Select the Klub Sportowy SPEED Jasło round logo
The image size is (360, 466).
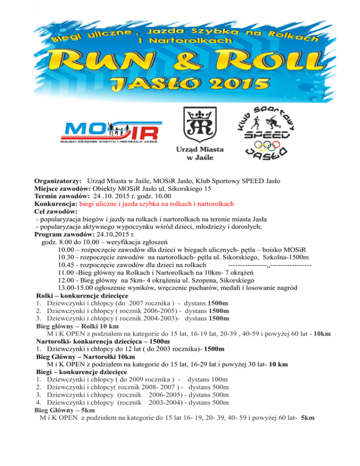(x=270, y=131)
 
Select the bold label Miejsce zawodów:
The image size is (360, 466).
(x=64, y=188)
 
